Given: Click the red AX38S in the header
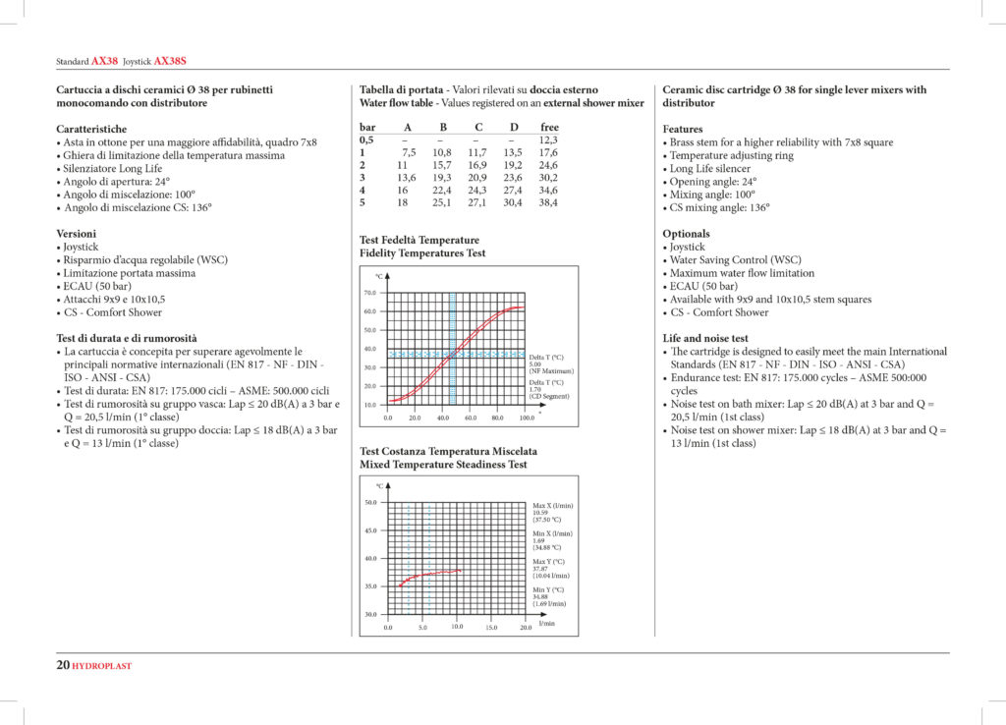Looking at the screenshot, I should pyautogui.click(x=171, y=61).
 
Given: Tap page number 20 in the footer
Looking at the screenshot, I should pyautogui.click(x=63, y=665).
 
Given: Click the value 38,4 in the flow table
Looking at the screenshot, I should pyautogui.click(x=548, y=202).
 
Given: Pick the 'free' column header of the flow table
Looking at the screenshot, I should pyautogui.click(x=549, y=128).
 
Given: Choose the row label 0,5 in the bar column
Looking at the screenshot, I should pyautogui.click(x=366, y=139).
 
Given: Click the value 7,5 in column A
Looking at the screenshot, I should pyautogui.click(x=409, y=152).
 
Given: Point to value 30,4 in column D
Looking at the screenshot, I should pyautogui.click(x=513, y=202).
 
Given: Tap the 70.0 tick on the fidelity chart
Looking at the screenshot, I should pyautogui.click(x=369, y=293).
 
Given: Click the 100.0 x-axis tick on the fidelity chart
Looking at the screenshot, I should pyautogui.click(x=527, y=418).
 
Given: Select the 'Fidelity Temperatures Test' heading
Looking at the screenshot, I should pyautogui.click(x=422, y=253).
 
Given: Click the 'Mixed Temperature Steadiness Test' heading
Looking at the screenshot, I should pyautogui.click(x=443, y=464).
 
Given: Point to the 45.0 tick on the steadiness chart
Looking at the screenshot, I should pyautogui.click(x=370, y=530).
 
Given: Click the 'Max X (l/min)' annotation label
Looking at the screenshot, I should pyautogui.click(x=552, y=505).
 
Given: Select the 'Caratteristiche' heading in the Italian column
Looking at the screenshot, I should pyautogui.click(x=91, y=129).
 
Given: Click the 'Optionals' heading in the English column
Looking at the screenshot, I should pyautogui.click(x=686, y=234).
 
